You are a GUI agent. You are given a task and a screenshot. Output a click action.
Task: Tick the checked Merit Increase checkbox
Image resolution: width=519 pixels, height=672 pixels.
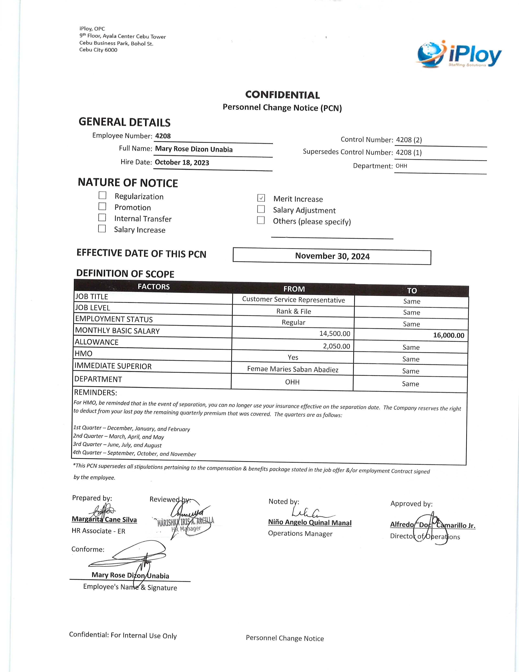(261, 198)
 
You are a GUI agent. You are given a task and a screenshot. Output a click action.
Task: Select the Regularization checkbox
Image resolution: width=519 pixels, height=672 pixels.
(102, 195)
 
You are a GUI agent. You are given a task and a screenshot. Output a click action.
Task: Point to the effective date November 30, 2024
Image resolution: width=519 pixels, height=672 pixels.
(332, 256)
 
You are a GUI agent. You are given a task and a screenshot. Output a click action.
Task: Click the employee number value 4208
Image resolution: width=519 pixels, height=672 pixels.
(163, 136)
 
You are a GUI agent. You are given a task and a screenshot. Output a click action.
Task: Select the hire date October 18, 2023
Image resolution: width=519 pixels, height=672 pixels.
(182, 163)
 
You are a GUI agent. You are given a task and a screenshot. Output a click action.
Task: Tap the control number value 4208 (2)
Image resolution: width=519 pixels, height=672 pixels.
(409, 140)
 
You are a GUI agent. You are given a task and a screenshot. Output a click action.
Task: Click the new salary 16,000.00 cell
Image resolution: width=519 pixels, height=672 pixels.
(448, 335)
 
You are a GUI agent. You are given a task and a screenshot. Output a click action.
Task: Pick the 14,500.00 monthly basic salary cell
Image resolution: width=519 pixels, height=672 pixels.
(335, 334)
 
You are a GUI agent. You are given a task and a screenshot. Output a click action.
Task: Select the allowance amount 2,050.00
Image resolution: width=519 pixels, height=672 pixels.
(336, 346)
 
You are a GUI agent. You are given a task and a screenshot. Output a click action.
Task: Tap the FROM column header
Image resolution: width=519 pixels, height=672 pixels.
(294, 289)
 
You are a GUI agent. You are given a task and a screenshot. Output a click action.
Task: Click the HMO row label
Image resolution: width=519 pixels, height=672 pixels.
(84, 354)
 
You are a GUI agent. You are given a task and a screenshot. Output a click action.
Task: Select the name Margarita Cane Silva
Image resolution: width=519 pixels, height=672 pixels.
(104, 520)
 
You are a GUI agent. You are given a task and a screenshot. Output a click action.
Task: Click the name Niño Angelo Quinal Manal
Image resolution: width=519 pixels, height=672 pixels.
(310, 523)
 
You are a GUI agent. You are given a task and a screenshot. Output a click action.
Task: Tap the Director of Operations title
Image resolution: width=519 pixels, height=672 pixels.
(425, 537)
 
